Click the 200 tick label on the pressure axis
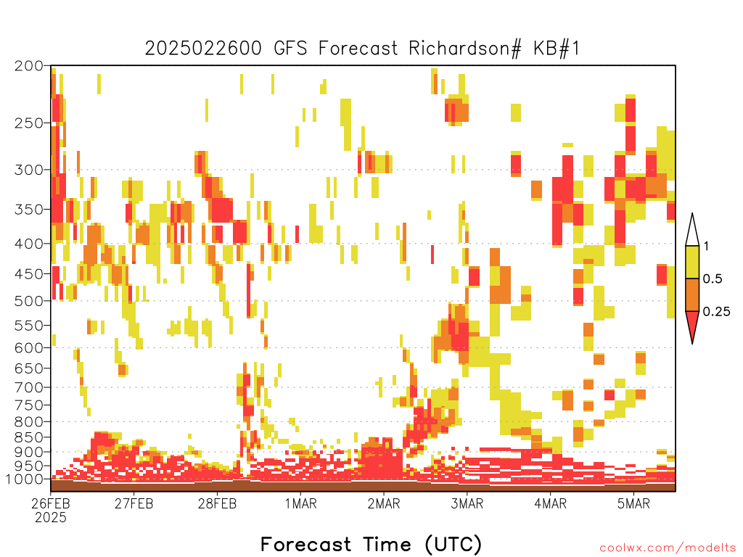coord(29,66)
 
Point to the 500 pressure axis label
coord(29,301)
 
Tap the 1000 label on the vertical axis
coord(25,479)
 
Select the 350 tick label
coord(29,210)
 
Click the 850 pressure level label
coord(29,437)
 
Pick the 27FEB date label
coord(134,503)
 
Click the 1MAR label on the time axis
coord(300,503)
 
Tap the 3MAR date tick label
coord(467,503)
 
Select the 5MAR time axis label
coord(633,503)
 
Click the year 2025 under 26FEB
coord(51,518)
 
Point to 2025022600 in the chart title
coord(203,49)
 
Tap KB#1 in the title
coord(557,49)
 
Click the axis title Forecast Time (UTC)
coord(371,544)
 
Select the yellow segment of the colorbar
coord(692,262)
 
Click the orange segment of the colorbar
coord(692,294)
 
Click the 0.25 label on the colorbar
coord(716,312)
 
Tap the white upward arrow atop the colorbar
coord(692,233)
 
